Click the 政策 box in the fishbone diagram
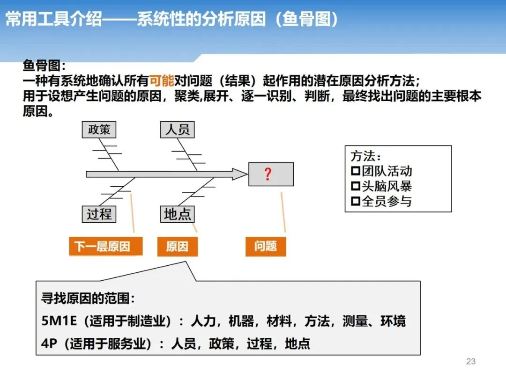point(99,130)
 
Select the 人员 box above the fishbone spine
point(177,130)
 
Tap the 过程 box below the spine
point(99,214)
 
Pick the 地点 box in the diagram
point(177,214)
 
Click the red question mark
point(268,175)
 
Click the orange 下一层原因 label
point(102,246)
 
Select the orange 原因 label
point(177,246)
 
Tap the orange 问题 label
point(265,246)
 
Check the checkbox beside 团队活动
point(355,171)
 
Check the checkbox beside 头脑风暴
point(355,186)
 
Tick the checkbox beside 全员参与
point(355,202)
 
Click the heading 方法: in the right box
point(366,156)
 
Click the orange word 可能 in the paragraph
point(162,81)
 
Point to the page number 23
point(471,361)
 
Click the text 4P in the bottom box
point(49,344)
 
